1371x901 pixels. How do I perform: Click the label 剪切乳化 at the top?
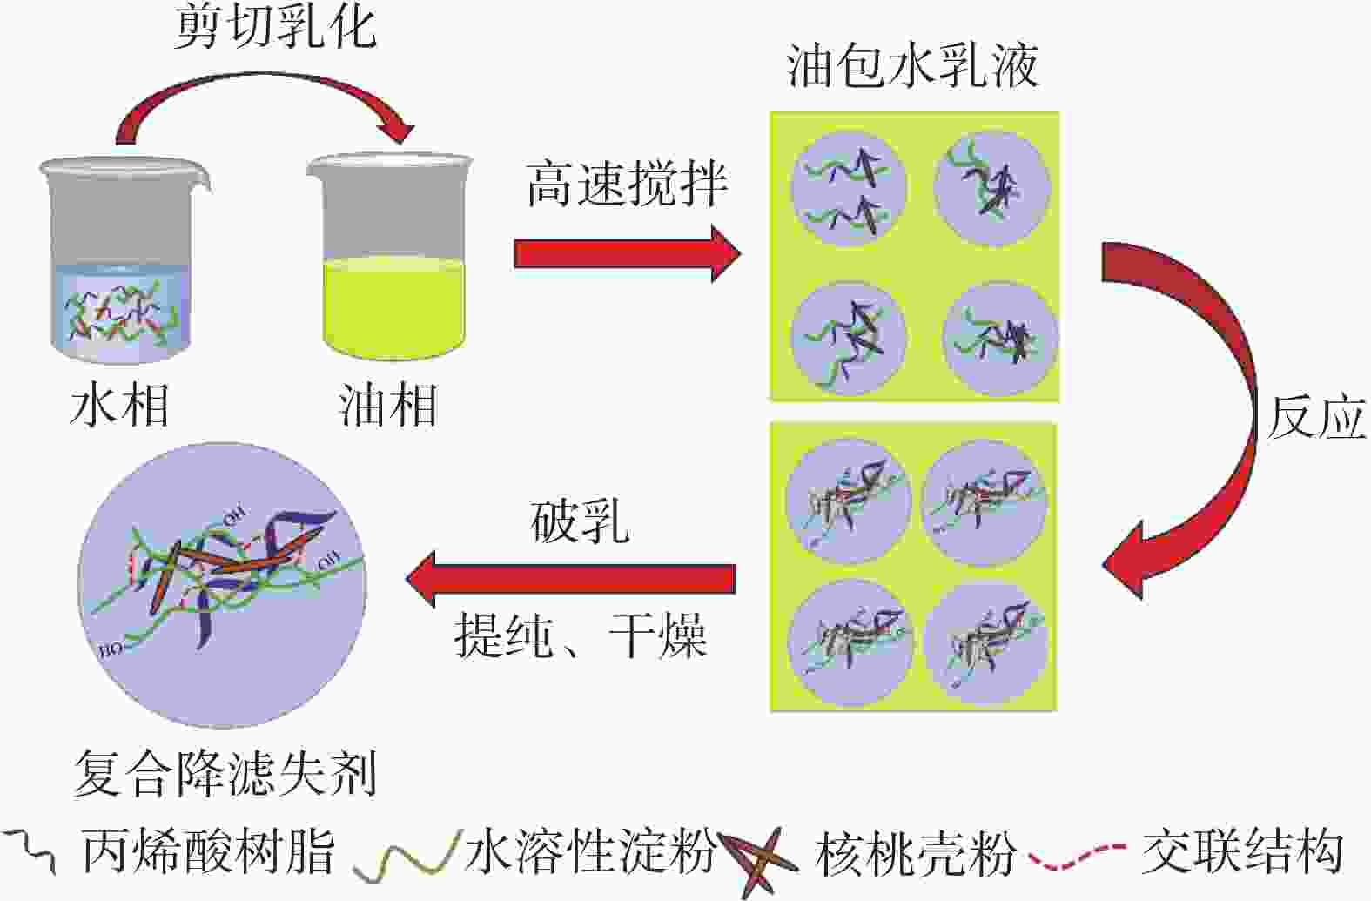(x=275, y=28)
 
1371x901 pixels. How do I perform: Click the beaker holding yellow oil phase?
(x=392, y=261)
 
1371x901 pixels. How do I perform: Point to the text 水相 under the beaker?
(x=119, y=407)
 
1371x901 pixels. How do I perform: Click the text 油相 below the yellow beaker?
(x=387, y=407)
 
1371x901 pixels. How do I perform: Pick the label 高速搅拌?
(x=627, y=185)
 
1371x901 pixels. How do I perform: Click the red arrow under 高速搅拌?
(x=627, y=253)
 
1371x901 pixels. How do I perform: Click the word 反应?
(x=1314, y=419)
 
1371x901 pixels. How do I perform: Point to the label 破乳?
(x=580, y=523)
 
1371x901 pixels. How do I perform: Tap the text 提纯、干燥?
(x=580, y=635)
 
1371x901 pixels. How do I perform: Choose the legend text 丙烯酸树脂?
(x=209, y=851)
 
